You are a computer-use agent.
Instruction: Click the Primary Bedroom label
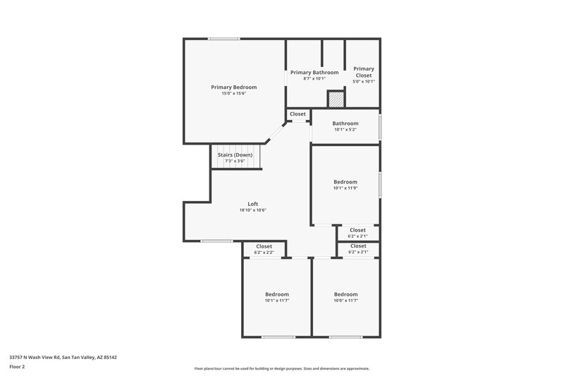click(x=233, y=87)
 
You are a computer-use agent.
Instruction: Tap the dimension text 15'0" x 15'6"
click(x=233, y=93)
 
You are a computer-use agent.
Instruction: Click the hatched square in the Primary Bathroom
click(x=336, y=100)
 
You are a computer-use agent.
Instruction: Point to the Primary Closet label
click(x=363, y=72)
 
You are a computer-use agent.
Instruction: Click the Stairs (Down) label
click(x=235, y=154)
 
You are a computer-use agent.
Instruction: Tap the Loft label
click(x=252, y=204)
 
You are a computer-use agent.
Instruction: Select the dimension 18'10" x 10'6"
click(x=252, y=210)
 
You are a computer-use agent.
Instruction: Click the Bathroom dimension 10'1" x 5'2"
click(x=345, y=130)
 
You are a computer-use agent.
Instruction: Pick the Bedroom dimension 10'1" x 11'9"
click(x=345, y=188)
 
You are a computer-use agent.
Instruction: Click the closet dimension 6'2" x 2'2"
click(x=264, y=252)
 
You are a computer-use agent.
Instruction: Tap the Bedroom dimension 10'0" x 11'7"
click(x=345, y=301)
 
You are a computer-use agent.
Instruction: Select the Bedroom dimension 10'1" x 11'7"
click(x=276, y=301)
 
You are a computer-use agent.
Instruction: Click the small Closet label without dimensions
click(x=298, y=114)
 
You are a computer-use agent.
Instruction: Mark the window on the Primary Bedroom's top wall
click(x=223, y=39)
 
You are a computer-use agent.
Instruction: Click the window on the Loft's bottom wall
click(x=216, y=241)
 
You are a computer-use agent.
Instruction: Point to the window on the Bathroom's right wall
click(x=380, y=126)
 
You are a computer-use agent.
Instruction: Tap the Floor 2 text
click(x=17, y=367)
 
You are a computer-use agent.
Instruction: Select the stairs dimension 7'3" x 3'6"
click(x=235, y=161)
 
